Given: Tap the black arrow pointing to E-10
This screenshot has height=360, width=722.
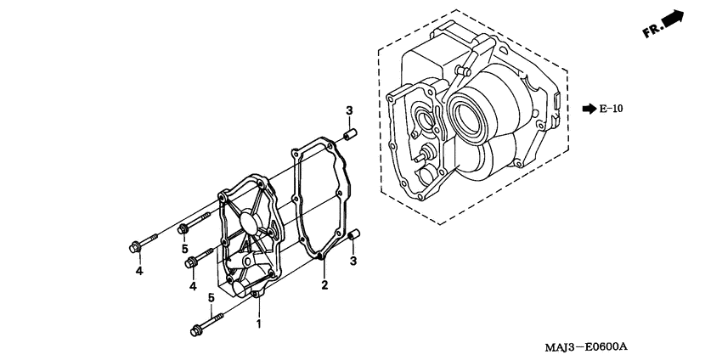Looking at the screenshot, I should pos(588,109).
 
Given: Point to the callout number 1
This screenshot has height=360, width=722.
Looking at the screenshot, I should pos(259,323).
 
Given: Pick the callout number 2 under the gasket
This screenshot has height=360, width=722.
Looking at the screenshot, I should pos(324,285).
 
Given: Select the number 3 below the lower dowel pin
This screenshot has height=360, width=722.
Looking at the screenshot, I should pos(353,260).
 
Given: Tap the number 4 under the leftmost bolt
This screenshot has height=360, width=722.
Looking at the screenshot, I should pos(138,271).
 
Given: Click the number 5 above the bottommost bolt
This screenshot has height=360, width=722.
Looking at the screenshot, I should pos(211,297).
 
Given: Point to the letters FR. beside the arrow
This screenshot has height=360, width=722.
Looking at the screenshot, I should pos(652,31).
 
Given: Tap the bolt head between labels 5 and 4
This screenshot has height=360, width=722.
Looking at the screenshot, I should pos(193,262).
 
